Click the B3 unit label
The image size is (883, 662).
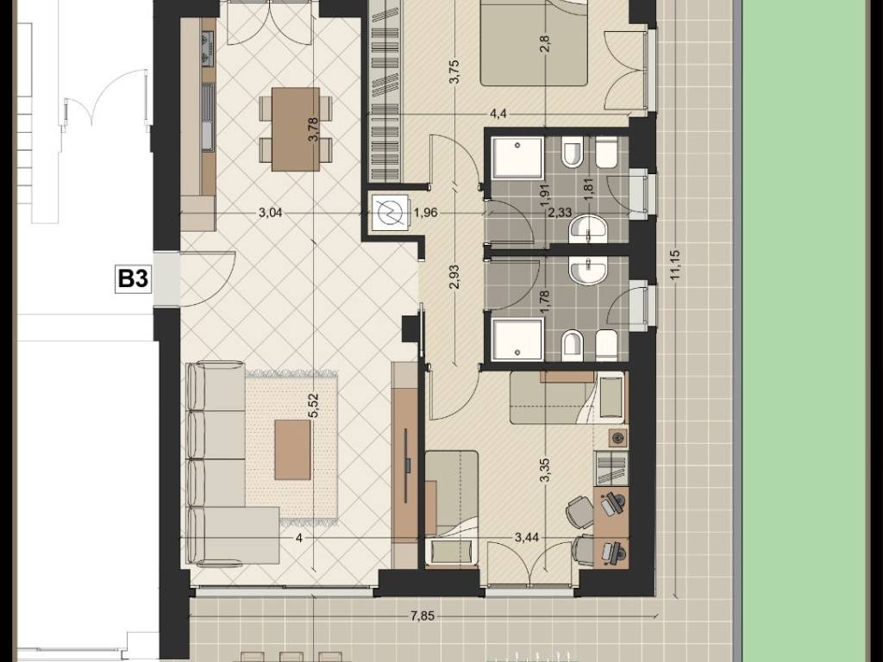pyautogui.click(x=133, y=278)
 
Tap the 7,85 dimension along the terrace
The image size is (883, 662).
pyautogui.click(x=422, y=615)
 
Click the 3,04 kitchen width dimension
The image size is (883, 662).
pyautogui.click(x=270, y=213)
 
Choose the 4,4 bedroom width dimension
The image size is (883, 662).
pyautogui.click(x=498, y=114)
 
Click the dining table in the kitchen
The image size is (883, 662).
pyautogui.click(x=296, y=129)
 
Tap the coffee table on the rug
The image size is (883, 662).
pyautogui.click(x=293, y=450)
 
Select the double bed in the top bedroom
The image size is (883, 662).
pyautogui.click(x=534, y=43)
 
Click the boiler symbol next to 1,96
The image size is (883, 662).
pyautogui.click(x=389, y=212)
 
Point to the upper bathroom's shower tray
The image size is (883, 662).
pyautogui.click(x=518, y=159)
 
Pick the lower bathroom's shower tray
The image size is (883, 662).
pyautogui.click(x=518, y=339)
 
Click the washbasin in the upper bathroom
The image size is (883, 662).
pyautogui.click(x=588, y=230)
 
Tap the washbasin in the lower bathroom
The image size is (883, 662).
pyautogui.click(x=588, y=271)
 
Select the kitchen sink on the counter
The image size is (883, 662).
pyautogui.click(x=208, y=117)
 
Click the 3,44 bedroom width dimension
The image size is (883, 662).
pyautogui.click(x=527, y=538)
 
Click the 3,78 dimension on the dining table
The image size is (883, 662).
pyautogui.click(x=314, y=129)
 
